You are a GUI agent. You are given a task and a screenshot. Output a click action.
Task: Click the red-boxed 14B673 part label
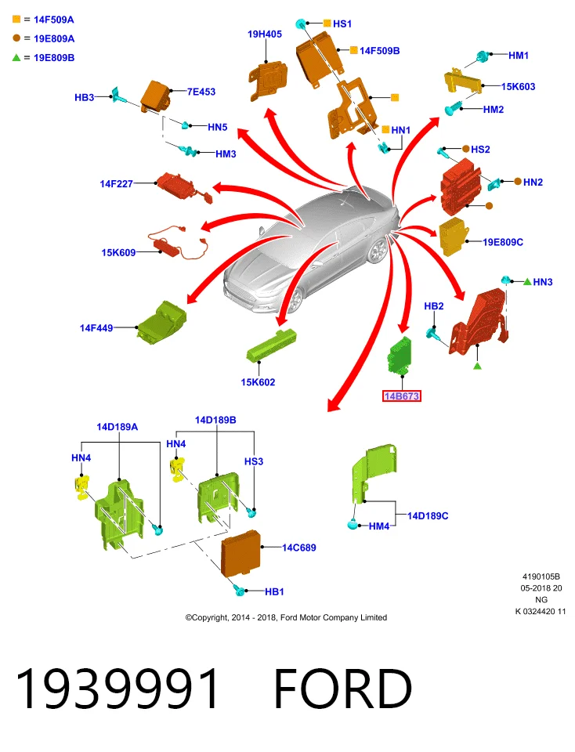[x=401, y=396]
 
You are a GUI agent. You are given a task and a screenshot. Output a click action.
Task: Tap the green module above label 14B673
[x=400, y=356]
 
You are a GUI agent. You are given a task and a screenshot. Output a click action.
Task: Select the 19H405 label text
[x=264, y=34]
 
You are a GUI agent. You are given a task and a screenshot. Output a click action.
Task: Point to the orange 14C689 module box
[x=240, y=552]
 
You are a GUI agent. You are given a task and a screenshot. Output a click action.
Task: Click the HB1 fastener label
[x=274, y=592]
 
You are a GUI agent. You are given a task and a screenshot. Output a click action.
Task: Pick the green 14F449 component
[x=161, y=322]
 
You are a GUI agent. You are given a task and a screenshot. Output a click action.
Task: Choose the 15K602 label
[x=258, y=382]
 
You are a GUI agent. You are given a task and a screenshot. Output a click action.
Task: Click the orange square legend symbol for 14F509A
[x=16, y=19]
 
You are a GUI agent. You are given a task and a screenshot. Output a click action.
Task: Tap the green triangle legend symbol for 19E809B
[x=16, y=57]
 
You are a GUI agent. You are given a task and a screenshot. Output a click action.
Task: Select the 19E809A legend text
[x=54, y=38]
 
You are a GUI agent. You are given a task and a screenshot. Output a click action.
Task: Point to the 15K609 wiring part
[x=178, y=243]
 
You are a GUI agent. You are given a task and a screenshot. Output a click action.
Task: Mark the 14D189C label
[x=428, y=515]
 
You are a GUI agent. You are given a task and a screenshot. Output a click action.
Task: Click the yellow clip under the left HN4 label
[x=82, y=487]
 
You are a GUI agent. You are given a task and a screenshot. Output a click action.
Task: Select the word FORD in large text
[x=343, y=689]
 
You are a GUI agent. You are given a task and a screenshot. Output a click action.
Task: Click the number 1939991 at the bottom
[x=118, y=689]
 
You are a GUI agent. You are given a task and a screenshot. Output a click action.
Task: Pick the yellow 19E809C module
[x=452, y=236]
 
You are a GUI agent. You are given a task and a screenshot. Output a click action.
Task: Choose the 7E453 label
[x=201, y=92]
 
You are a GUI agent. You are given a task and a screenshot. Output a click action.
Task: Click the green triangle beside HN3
[x=527, y=281]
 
